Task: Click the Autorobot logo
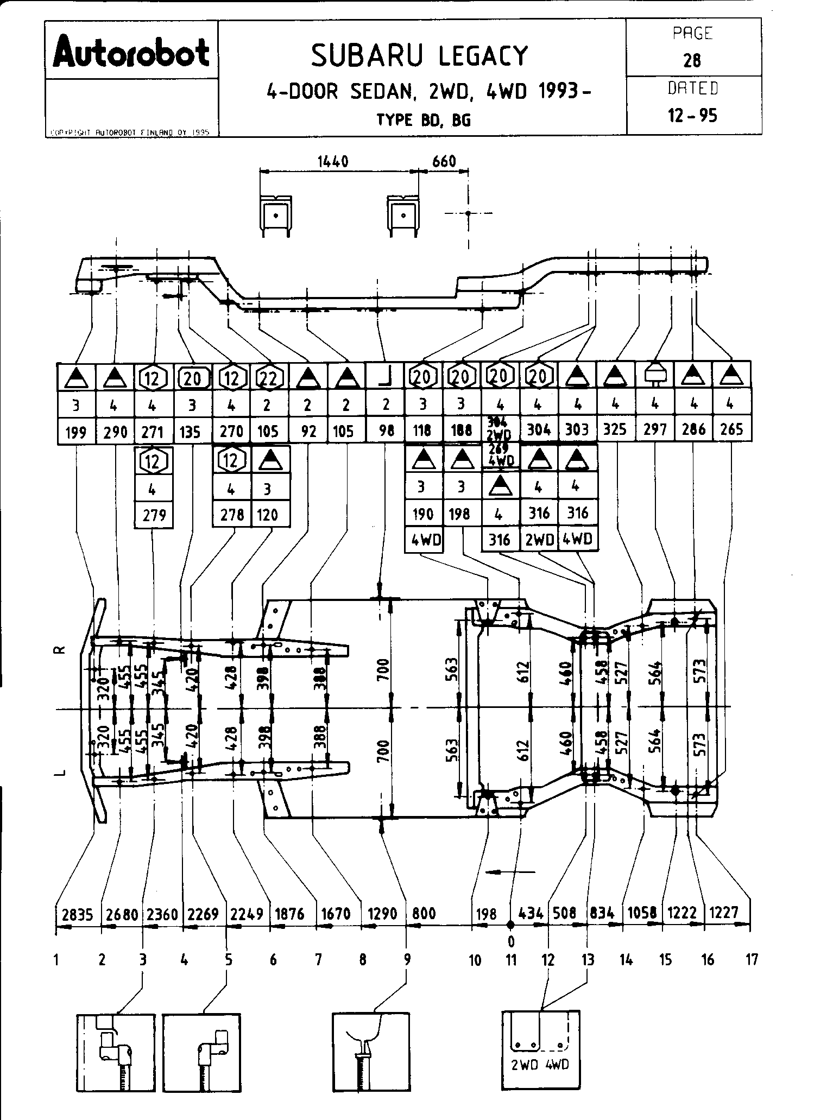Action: (x=131, y=52)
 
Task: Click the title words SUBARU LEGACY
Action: (x=419, y=55)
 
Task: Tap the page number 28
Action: (x=692, y=60)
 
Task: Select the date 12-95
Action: (x=692, y=116)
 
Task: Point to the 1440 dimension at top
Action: (x=332, y=161)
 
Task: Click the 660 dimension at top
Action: (x=444, y=161)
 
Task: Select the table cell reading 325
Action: (x=615, y=430)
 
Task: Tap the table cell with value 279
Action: (x=154, y=514)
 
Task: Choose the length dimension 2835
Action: (x=78, y=914)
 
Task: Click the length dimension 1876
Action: (x=290, y=914)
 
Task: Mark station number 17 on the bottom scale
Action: (x=751, y=960)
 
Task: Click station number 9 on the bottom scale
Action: (x=407, y=960)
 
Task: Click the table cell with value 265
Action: (x=731, y=430)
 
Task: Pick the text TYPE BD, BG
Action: (x=424, y=120)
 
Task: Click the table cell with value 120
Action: (x=268, y=514)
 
